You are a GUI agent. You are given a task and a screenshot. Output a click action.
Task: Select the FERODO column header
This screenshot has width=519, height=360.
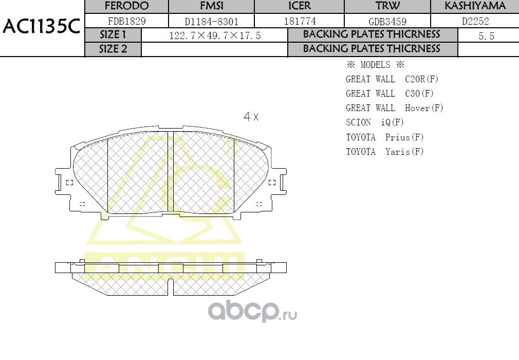point(126,6)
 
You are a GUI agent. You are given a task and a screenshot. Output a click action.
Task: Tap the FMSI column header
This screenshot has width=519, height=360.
point(211,6)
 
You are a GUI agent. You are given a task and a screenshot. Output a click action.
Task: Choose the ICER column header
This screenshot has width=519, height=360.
point(300,6)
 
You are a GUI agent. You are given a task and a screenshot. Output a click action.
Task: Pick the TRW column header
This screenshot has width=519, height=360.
point(387,6)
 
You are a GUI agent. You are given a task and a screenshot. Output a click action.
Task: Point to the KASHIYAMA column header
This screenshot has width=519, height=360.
point(475,6)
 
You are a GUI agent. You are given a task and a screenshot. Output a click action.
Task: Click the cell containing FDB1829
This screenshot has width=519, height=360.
point(126,21)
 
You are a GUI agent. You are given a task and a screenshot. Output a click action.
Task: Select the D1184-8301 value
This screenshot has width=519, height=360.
point(211,22)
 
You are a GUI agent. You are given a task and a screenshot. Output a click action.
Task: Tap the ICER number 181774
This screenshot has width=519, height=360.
point(300,21)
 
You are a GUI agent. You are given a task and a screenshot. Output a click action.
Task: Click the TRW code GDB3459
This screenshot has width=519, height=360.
point(387,22)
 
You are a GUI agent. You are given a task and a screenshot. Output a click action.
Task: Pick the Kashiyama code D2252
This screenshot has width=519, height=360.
point(475,21)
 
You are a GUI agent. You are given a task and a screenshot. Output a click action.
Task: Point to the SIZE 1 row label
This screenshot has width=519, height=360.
point(113,35)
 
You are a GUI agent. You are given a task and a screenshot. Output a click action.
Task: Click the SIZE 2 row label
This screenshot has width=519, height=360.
point(113,49)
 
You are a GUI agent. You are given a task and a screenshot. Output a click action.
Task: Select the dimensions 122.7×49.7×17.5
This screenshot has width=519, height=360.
point(215,35)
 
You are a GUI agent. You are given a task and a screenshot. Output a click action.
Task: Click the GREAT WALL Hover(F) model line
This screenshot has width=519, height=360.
point(394,108)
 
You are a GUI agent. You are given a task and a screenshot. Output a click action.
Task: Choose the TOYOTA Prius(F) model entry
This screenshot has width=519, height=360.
point(384,137)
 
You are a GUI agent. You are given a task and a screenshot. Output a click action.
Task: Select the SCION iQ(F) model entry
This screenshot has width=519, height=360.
point(375,122)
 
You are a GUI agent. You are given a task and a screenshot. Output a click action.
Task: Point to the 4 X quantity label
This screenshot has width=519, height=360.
point(251,117)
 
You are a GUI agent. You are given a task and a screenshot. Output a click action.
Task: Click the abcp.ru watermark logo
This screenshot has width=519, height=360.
point(252,310)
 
